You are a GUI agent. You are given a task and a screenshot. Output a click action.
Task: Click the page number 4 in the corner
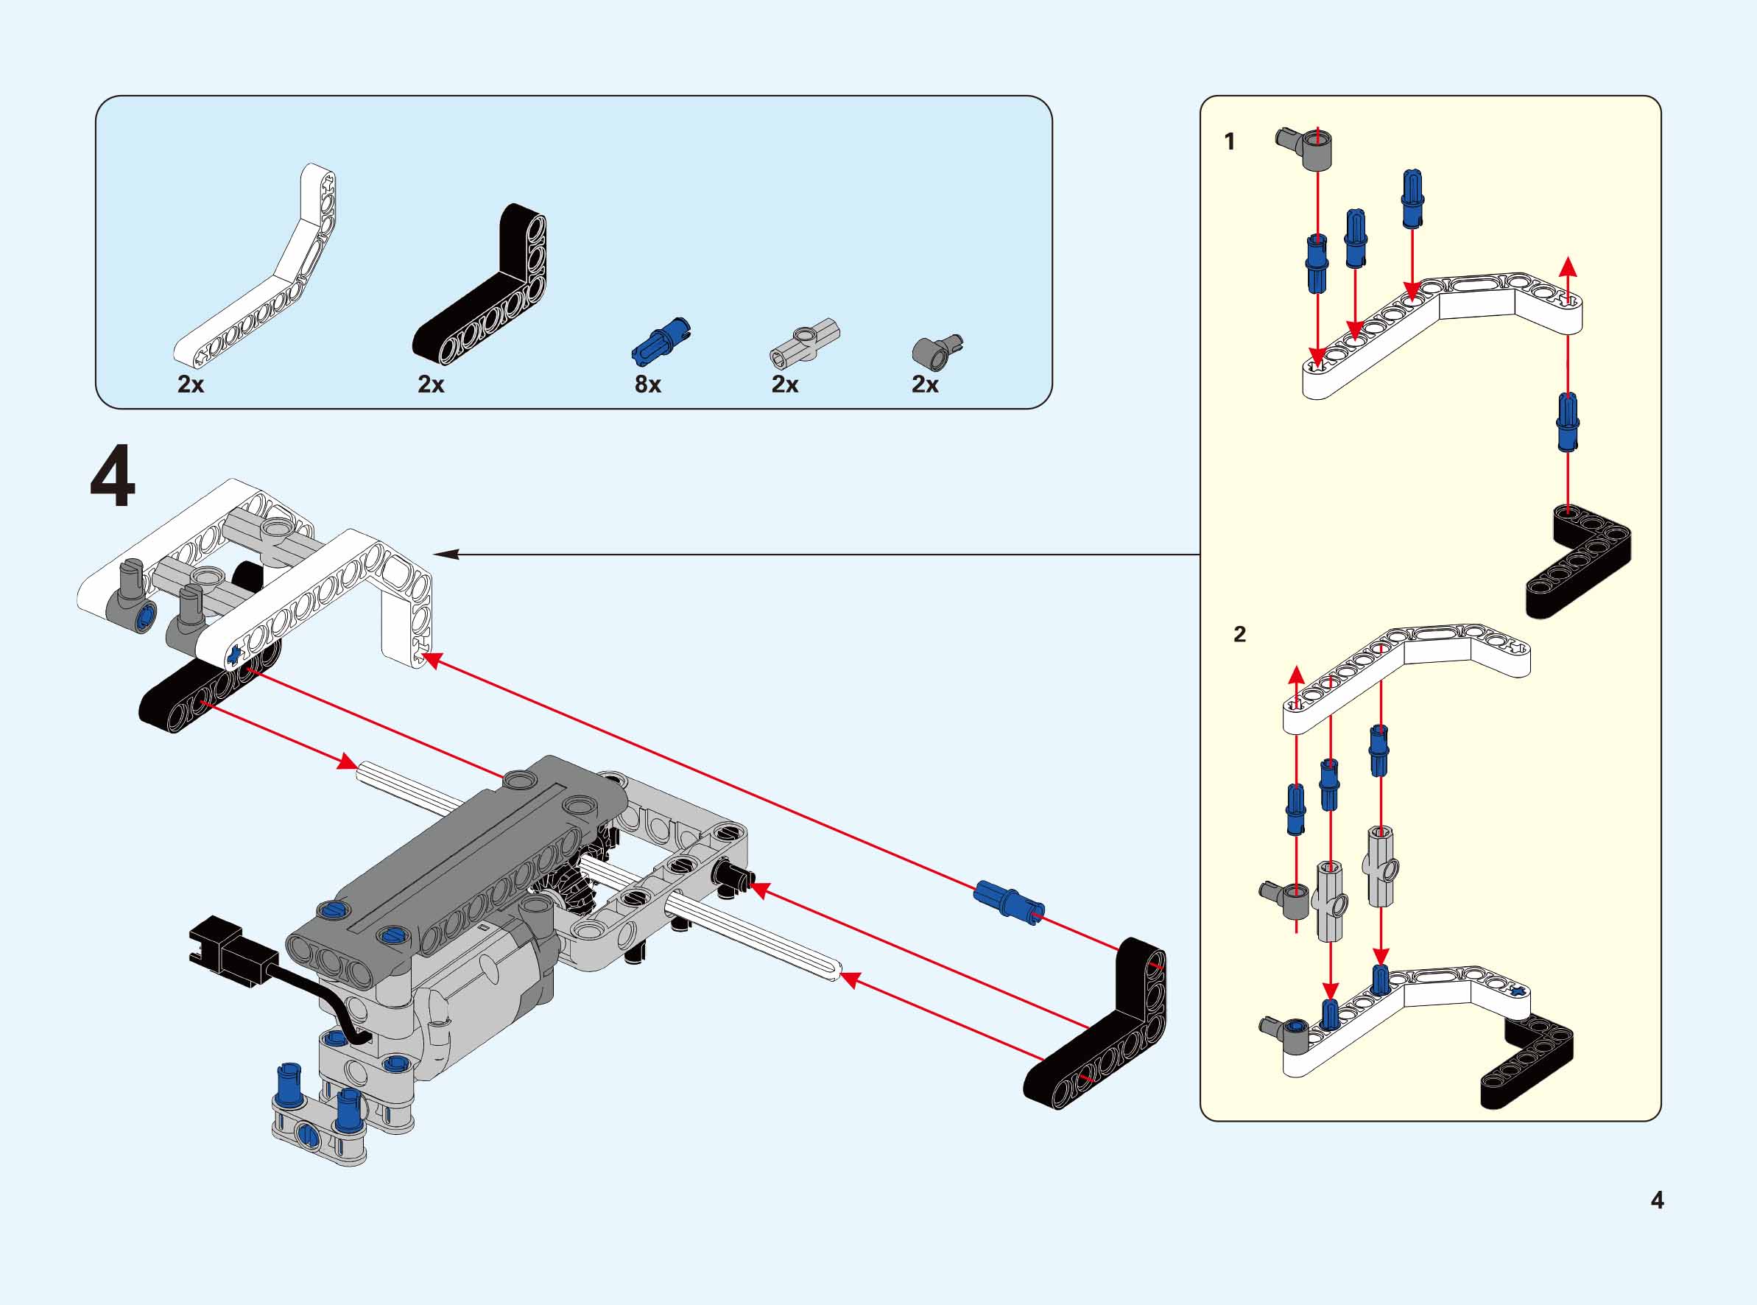point(1657,1200)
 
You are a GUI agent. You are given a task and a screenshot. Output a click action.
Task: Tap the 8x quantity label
point(647,384)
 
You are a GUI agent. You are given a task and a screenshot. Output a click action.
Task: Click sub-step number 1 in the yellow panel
point(1229,142)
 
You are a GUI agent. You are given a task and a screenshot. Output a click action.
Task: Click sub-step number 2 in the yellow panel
point(1239,634)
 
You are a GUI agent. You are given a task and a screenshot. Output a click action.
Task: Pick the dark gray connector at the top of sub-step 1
point(1306,147)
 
